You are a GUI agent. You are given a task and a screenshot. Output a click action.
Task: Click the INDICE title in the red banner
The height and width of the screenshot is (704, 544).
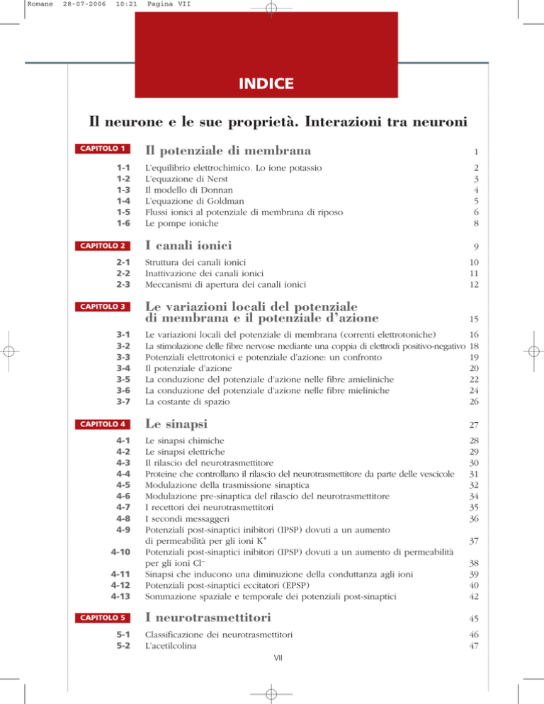pos(272,84)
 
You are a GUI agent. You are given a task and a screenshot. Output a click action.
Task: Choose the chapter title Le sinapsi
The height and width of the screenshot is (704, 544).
pos(178,425)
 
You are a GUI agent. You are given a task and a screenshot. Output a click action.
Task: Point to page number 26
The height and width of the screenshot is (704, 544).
pos(463,402)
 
